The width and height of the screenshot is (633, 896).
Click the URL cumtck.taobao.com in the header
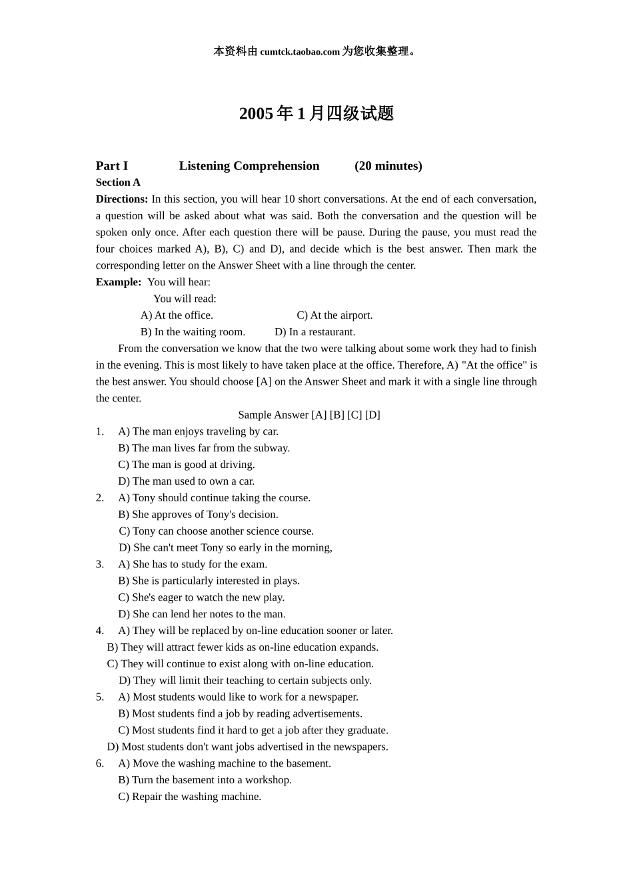point(300,52)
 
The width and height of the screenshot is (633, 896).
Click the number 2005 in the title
point(256,114)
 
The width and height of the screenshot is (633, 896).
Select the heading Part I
point(111,166)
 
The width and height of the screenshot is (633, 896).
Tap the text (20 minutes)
point(388,166)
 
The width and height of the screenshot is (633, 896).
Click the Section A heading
point(118,183)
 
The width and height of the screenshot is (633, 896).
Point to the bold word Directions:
point(122,199)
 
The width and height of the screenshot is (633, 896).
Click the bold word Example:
point(119,282)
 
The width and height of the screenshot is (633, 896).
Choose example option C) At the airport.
point(334,315)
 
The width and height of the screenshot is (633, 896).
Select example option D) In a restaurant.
point(315,332)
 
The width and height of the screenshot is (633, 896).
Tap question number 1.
point(99,431)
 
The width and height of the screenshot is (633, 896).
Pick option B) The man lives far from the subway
point(204,448)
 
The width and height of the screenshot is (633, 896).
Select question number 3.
point(99,564)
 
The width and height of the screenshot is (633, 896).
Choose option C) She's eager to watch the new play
point(201,597)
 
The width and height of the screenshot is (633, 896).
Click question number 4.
point(99,631)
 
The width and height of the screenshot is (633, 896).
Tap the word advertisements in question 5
point(327,714)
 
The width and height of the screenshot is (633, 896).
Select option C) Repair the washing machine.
point(189,797)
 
